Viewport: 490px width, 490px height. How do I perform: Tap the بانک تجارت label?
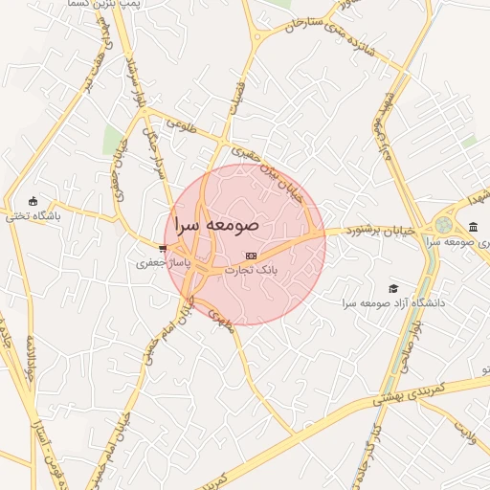pyautogui.click(x=251, y=271)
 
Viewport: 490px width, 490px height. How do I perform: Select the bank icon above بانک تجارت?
pyautogui.click(x=251, y=256)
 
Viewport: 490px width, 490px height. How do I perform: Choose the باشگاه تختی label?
pyautogui.click(x=32, y=216)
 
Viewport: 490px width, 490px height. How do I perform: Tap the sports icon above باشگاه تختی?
pyautogui.click(x=34, y=201)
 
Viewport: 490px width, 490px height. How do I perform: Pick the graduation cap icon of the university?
pyautogui.click(x=392, y=288)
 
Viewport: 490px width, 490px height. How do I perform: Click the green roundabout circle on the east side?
pyautogui.click(x=443, y=225)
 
